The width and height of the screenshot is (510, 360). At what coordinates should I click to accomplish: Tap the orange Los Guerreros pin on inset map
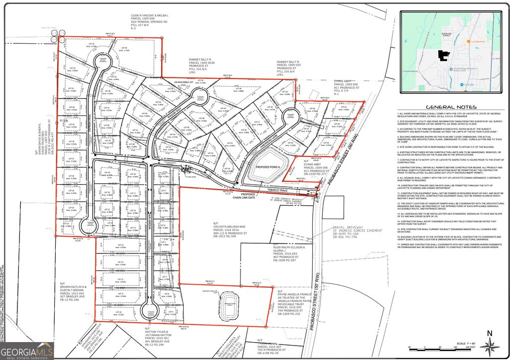point(468,41)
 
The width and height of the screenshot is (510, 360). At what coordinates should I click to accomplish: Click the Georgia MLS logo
point(27,351)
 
